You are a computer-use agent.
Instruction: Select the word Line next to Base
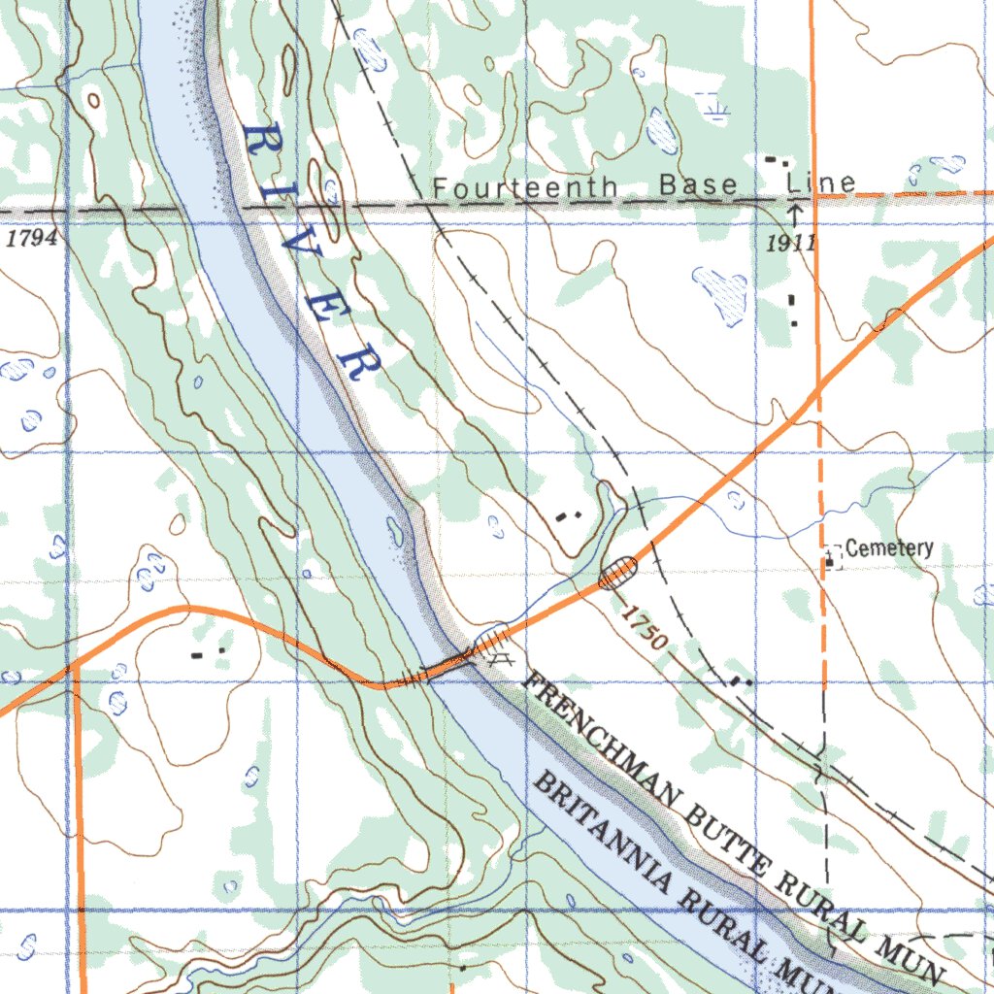(821, 182)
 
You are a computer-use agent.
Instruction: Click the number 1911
(788, 243)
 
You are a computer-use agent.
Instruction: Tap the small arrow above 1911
(794, 213)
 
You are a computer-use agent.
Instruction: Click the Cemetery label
(889, 548)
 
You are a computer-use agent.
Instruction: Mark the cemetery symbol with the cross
(831, 559)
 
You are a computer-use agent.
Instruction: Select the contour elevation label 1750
(643, 628)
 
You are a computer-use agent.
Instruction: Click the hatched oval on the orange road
(617, 572)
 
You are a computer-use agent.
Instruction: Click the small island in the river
(394, 530)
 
